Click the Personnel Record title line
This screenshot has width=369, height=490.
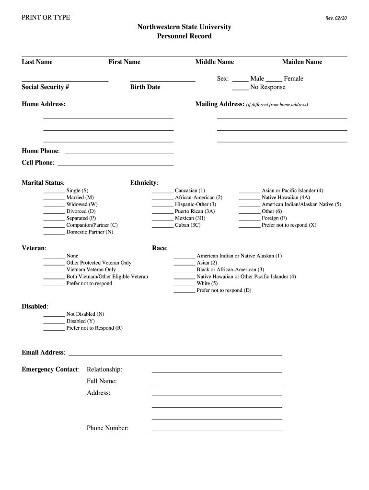point(184,36)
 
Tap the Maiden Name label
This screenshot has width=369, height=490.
point(302,62)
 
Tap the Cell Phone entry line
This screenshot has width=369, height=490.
point(115,165)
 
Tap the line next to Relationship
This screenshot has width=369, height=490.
point(217,371)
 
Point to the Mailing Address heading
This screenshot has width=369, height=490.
point(220,104)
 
